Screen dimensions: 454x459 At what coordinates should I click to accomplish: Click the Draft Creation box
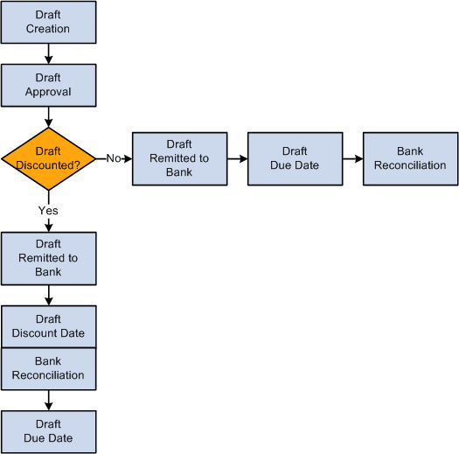[x=48, y=22]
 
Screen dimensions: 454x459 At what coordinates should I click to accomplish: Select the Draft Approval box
[x=48, y=84]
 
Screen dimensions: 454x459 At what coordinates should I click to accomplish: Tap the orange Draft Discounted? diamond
[x=48, y=158]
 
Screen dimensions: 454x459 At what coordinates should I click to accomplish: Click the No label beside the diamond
[x=112, y=158]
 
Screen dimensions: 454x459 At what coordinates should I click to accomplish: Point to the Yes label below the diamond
[x=48, y=210]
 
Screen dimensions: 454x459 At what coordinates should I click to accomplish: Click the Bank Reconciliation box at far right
[x=410, y=158]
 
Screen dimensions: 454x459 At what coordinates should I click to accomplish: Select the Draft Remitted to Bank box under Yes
[x=48, y=259]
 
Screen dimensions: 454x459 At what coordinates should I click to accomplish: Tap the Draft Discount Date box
[x=48, y=326]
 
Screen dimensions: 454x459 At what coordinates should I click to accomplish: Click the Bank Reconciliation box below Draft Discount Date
[x=48, y=368]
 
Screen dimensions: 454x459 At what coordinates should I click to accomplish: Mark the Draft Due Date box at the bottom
[x=48, y=431]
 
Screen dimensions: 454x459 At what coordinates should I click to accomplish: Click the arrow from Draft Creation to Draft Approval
[x=48, y=53]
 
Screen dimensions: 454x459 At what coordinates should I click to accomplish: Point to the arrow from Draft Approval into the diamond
[x=48, y=115]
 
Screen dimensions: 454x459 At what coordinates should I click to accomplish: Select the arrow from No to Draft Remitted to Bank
[x=127, y=158]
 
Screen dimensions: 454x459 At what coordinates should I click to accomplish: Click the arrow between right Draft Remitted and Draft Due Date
[x=237, y=158]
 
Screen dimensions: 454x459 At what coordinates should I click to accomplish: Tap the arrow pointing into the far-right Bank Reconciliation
[x=352, y=158]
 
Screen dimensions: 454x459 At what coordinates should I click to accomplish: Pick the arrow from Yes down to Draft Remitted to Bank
[x=48, y=225]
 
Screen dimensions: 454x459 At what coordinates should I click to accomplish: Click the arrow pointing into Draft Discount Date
[x=48, y=296]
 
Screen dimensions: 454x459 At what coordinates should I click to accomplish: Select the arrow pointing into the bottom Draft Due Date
[x=48, y=400]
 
